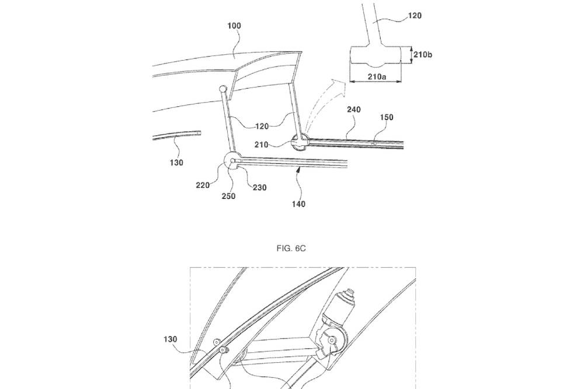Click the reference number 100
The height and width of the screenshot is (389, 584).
[x=234, y=26]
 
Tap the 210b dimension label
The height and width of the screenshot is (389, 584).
[x=423, y=55]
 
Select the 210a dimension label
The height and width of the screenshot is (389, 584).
[x=377, y=76]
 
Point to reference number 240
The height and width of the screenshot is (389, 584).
[x=354, y=109]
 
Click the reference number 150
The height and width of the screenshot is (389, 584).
[x=387, y=118]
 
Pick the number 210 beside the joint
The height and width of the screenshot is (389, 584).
[x=261, y=145]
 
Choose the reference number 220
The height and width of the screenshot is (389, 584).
[x=203, y=185]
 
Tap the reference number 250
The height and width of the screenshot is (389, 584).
[x=228, y=196]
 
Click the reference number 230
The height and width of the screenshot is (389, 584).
[x=260, y=187]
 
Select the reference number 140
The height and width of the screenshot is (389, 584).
[x=298, y=204]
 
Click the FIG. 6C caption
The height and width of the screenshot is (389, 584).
[x=291, y=248]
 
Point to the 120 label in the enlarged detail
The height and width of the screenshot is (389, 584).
[x=415, y=16]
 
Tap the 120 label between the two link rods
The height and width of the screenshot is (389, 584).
[x=262, y=127]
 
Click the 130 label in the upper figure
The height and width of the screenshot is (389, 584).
[x=176, y=163]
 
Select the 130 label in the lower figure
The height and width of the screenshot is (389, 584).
[x=170, y=339]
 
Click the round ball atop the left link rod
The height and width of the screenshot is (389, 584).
[x=223, y=89]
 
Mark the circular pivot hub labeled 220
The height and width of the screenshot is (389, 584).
[x=232, y=161]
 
